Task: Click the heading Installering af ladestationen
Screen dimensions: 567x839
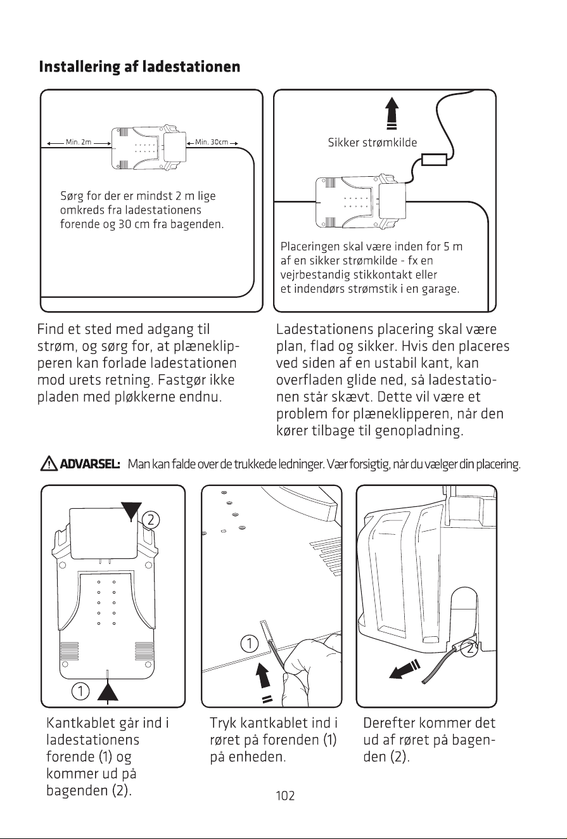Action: point(139,67)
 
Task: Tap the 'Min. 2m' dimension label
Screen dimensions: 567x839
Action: point(79,142)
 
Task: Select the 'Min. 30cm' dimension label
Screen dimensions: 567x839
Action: point(212,142)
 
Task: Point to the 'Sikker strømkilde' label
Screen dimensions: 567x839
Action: point(373,143)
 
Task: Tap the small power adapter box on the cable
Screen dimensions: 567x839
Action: point(434,159)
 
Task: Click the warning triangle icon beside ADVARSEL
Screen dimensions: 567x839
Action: point(48,464)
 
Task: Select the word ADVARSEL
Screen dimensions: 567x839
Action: point(90,464)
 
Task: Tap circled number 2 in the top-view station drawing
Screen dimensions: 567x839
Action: point(151,520)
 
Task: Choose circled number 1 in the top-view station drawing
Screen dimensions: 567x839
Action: point(80,691)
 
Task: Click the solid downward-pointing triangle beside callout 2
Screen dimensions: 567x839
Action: point(131,511)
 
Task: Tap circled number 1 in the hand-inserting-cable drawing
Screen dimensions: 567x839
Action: point(249,644)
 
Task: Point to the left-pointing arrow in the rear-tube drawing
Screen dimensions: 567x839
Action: point(404,670)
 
